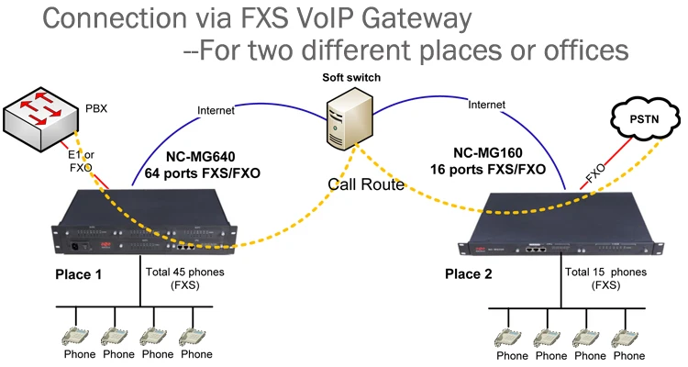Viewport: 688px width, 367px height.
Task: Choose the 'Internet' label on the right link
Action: [x=487, y=105]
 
